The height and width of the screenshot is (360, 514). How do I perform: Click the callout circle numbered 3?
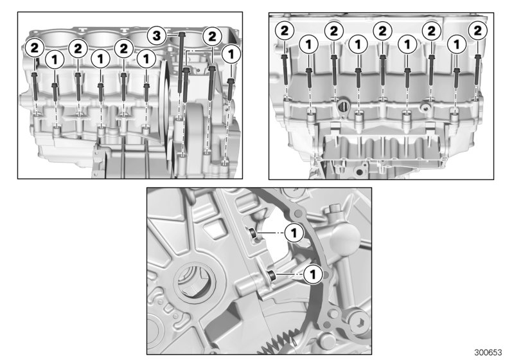click(x=154, y=34)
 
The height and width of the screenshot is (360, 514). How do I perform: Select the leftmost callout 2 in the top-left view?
click(x=34, y=46)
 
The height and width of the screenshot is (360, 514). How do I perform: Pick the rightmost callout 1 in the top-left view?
click(x=231, y=54)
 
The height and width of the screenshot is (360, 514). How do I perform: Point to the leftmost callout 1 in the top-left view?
click(x=55, y=59)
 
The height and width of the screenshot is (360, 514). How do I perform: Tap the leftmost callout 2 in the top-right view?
click(x=284, y=30)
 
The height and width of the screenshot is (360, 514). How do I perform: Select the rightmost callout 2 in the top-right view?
click(x=477, y=30)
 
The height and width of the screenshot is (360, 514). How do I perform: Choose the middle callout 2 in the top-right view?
click(x=382, y=30)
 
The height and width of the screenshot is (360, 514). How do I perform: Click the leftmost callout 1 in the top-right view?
click(x=309, y=44)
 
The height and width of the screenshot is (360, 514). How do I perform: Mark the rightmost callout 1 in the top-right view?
click(x=457, y=44)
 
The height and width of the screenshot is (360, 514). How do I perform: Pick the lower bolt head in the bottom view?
click(x=272, y=276)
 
